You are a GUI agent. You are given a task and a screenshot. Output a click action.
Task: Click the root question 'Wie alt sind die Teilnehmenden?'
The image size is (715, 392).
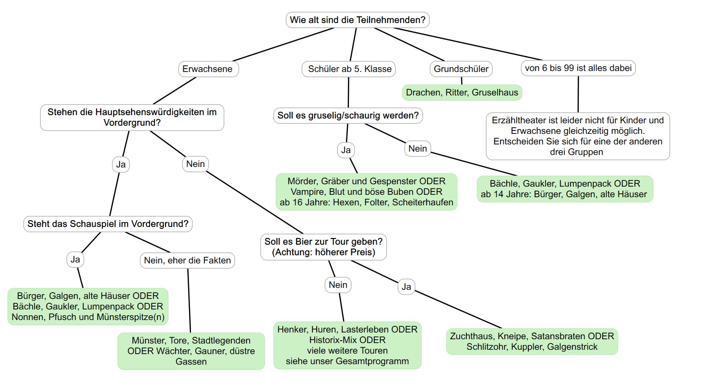coord(357,20)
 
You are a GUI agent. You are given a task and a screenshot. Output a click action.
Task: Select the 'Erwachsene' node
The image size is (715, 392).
coord(207,69)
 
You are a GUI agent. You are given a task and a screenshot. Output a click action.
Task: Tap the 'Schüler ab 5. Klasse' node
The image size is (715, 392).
coord(349,69)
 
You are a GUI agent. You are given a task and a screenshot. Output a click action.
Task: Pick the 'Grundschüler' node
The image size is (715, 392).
coord(461,69)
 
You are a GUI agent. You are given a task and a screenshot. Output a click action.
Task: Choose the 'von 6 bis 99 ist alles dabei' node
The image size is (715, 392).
coord(578,68)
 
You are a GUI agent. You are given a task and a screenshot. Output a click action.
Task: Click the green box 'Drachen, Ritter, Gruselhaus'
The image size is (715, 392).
coord(462,93)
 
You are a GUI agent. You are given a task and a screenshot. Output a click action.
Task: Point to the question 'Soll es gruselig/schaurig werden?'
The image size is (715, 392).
coord(348,116)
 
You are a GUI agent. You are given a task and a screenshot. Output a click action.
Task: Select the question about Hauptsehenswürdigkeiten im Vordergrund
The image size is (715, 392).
coord(132,118)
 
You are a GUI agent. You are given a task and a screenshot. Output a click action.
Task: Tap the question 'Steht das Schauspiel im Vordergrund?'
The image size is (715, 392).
coord(108,224)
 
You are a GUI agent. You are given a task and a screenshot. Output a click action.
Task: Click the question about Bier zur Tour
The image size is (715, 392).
coord(323,247)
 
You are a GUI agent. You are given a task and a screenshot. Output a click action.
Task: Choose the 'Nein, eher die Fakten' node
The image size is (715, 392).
coord(187,261)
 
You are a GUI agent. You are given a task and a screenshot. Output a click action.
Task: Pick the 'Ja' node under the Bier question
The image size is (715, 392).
coord(406,287)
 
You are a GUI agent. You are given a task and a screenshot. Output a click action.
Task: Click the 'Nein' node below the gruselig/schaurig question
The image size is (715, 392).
coord(417,149)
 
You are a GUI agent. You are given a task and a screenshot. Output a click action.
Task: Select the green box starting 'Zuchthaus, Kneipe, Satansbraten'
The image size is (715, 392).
coord(532,342)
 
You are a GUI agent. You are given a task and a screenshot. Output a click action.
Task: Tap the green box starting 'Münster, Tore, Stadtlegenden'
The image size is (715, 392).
coord(191,351)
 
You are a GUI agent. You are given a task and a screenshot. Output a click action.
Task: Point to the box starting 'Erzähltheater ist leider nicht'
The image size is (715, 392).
coord(578,136)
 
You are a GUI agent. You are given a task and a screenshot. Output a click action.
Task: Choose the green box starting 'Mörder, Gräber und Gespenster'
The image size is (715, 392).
coord(366,192)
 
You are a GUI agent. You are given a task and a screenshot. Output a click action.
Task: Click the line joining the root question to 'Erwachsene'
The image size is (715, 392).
coord(283,45)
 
